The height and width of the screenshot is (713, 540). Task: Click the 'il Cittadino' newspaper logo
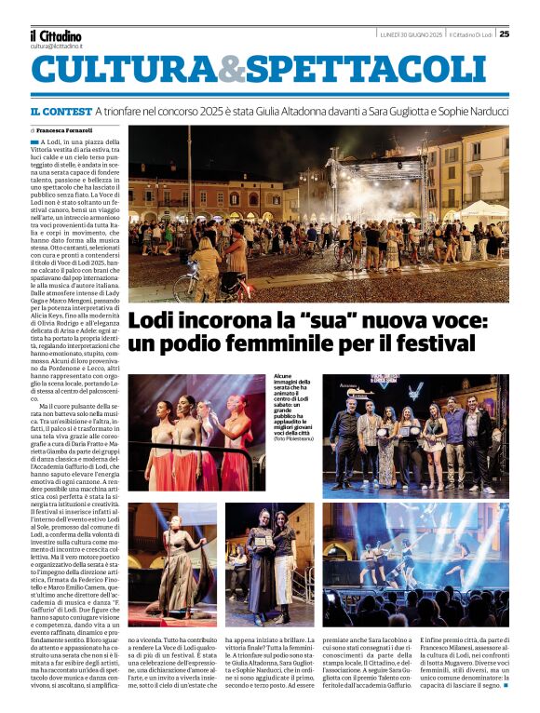(55, 35)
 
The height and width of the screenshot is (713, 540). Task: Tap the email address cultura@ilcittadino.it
(56, 46)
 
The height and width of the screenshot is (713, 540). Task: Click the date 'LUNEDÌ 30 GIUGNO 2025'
(411, 34)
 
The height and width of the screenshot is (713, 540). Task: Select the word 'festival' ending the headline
(443, 343)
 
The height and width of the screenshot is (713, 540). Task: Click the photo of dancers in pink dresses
(197, 432)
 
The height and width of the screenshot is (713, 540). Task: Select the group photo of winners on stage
(415, 432)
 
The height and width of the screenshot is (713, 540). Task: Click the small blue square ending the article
(506, 696)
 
